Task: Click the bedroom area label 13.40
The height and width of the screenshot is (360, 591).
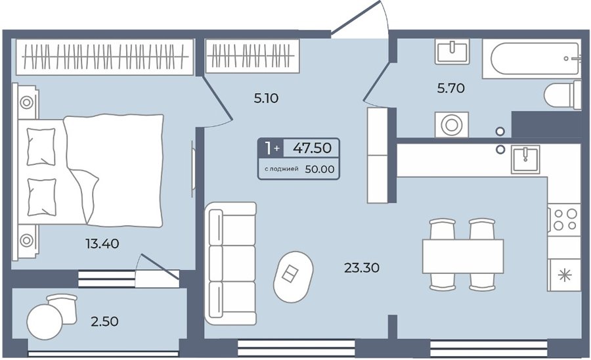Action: click(102, 244)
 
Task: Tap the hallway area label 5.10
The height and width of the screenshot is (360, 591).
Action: click(266, 99)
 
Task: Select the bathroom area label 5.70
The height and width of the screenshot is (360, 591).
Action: click(450, 88)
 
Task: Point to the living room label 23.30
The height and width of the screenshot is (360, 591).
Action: click(361, 267)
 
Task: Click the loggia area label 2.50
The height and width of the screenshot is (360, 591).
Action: click(104, 321)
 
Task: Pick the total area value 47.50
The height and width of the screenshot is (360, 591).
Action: click(313, 148)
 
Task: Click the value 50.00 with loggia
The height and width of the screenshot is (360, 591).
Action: click(320, 169)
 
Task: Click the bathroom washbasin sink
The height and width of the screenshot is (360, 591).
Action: click(452, 51)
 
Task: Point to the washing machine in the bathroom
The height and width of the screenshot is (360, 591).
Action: click(452, 124)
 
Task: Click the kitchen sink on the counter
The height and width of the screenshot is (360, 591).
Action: click(525, 160)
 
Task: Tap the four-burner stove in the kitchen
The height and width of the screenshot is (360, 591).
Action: click(564, 220)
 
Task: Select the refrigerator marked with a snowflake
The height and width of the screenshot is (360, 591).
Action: click(564, 275)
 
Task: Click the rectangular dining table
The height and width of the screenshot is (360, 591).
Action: click(463, 256)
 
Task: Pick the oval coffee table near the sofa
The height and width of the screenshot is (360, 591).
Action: click(294, 277)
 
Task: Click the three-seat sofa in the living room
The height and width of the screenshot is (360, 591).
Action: click(230, 264)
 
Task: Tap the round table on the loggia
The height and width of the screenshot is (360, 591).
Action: click(45, 322)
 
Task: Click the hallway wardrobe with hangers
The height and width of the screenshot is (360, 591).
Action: click(253, 56)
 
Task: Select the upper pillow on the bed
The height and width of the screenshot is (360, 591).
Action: click(41, 146)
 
